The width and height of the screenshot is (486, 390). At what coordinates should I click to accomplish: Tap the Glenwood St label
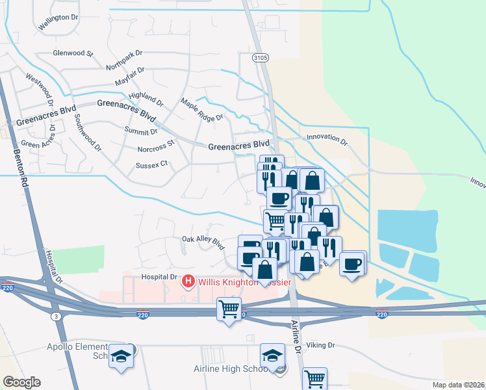coord(73,53)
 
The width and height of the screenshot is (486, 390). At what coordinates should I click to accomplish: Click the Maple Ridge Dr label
coord(201,109)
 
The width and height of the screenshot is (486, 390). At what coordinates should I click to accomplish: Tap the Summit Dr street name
coord(141,131)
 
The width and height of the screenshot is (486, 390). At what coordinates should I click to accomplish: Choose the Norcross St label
coord(156,147)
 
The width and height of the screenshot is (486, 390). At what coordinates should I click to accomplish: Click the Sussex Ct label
coord(151,165)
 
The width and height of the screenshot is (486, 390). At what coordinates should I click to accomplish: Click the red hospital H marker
coord(188,281)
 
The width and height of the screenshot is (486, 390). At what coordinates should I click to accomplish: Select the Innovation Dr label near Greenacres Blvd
coord(327,138)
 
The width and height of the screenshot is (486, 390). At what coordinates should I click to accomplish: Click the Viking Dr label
coord(322,346)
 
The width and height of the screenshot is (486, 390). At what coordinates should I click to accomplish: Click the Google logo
coord(21,382)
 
